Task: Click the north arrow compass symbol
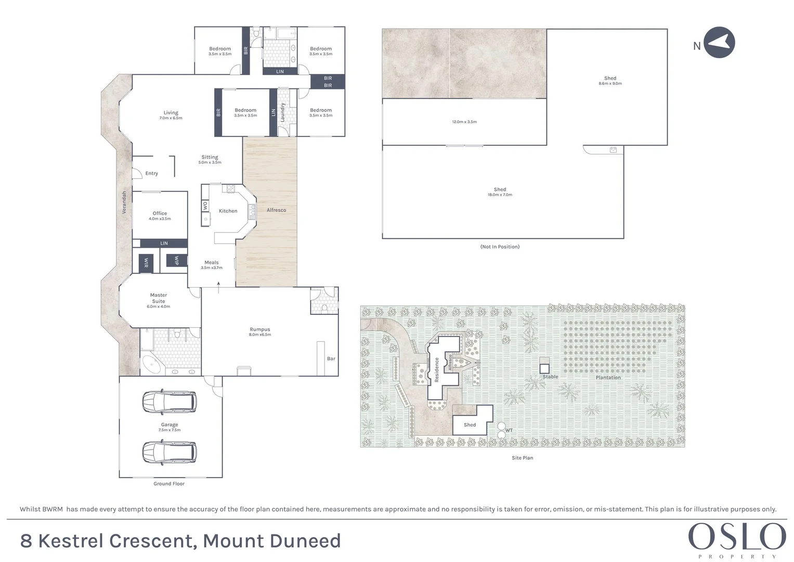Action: tap(719, 43)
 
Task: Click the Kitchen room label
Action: tap(228, 211)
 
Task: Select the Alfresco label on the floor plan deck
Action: tap(276, 210)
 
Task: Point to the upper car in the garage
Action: tap(170, 401)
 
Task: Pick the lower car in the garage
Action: tap(170, 452)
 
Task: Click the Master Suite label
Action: tap(159, 298)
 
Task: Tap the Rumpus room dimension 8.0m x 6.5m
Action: tap(260, 335)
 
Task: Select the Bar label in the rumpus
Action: tap(331, 359)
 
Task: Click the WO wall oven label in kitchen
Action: tap(205, 206)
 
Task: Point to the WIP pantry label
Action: tap(177, 260)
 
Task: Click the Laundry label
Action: tap(283, 112)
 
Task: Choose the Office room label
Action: tap(160, 213)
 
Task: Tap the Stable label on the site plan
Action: tap(550, 377)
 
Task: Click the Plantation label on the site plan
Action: tap(608, 377)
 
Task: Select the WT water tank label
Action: tap(509, 430)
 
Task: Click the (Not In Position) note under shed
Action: tap(500, 247)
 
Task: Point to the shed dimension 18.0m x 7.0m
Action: tap(500, 195)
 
